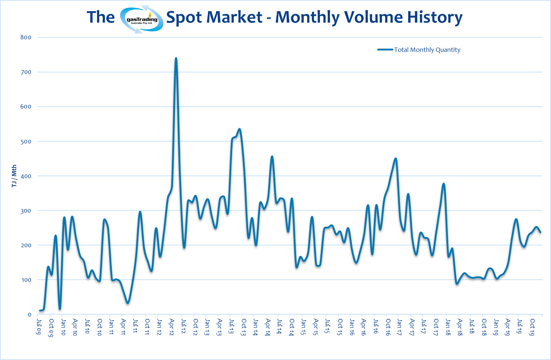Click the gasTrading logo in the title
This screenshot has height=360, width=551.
pyautogui.click(x=141, y=19)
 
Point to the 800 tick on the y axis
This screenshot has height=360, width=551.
pyautogui.click(x=26, y=37)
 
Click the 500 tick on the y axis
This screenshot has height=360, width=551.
pyautogui.click(x=26, y=141)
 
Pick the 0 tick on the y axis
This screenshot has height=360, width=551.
pyautogui.click(x=30, y=315)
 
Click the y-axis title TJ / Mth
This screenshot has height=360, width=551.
pyautogui.click(x=14, y=176)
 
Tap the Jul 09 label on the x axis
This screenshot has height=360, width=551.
pyautogui.click(x=39, y=326)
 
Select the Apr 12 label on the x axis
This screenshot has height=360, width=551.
pyautogui.click(x=171, y=327)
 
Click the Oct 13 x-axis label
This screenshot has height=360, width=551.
pyautogui.click(x=243, y=327)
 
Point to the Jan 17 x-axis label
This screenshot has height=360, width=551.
pyautogui.click(x=400, y=327)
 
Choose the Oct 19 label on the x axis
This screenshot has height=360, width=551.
pyautogui.click(x=532, y=327)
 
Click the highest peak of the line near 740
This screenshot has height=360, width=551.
pyautogui.click(x=176, y=58)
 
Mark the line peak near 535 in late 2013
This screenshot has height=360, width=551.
pyautogui.click(x=239, y=129)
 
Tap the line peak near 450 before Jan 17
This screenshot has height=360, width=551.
pyautogui.click(x=396, y=158)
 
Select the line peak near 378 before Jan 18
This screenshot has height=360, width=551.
pyautogui.click(x=444, y=184)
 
